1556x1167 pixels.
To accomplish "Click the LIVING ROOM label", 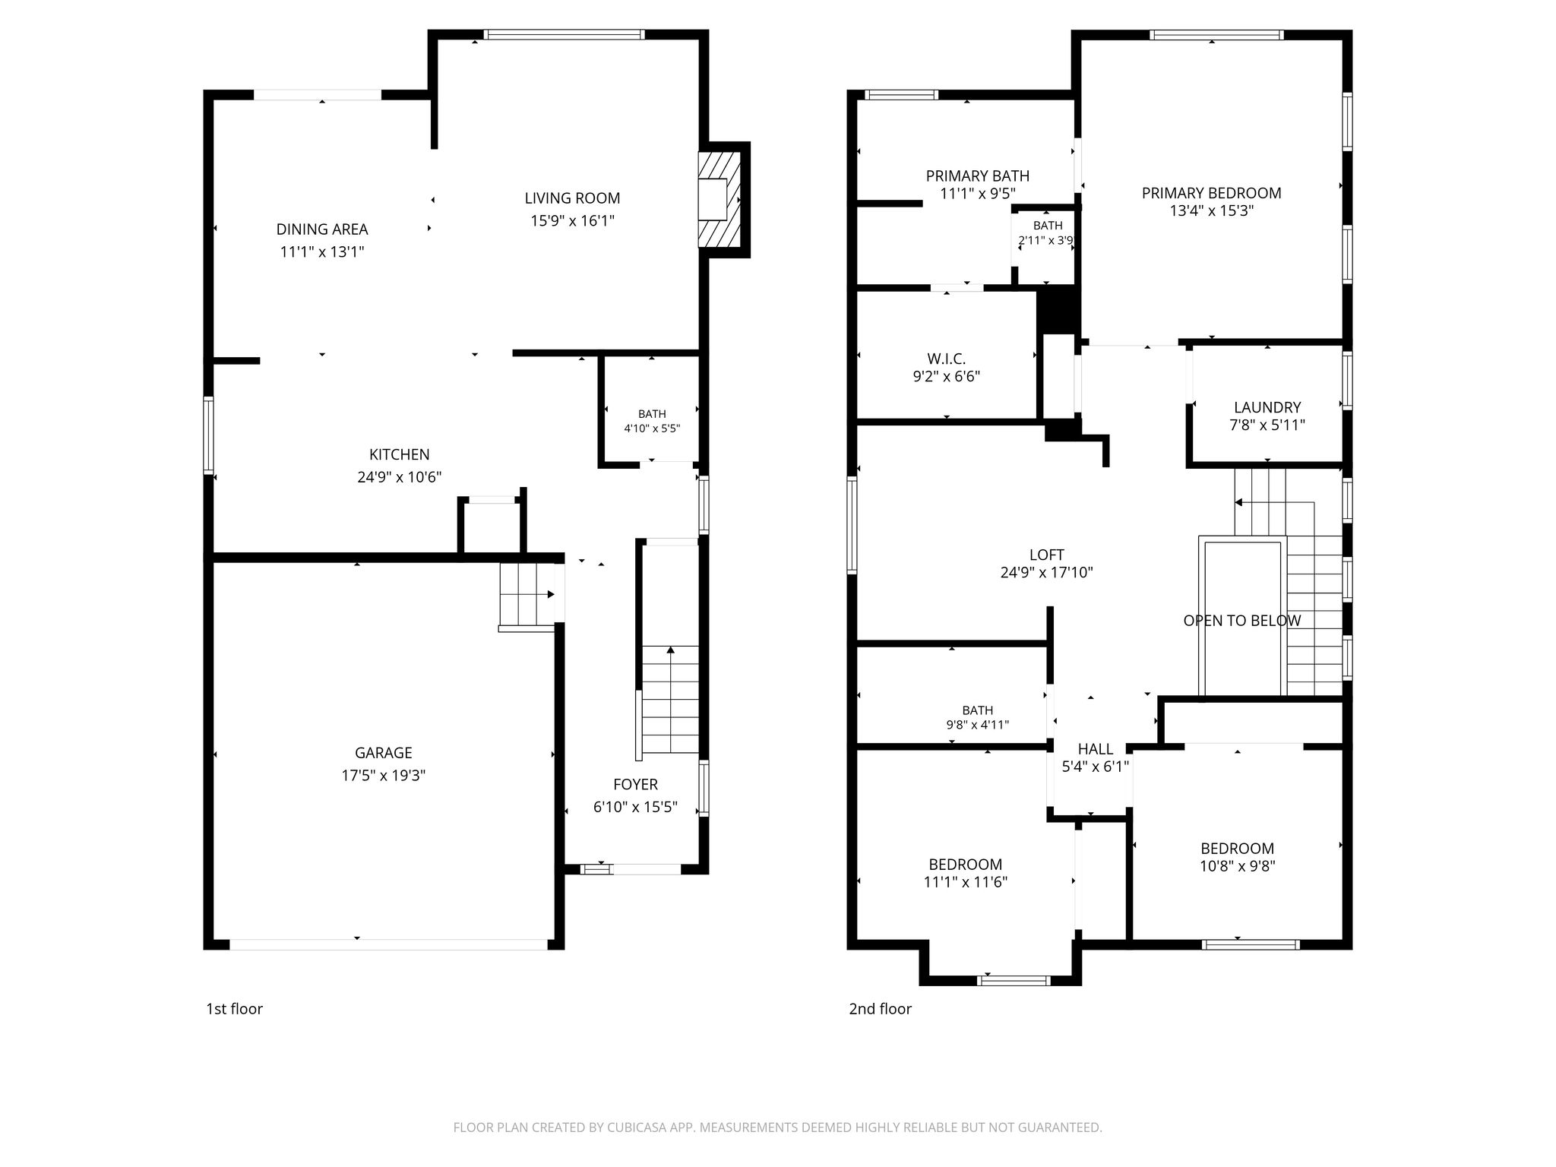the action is click(572, 198).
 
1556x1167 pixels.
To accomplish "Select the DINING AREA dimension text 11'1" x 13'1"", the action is click(322, 251).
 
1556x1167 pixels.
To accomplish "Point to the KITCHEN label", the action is click(399, 454).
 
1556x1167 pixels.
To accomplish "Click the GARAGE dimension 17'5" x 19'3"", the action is click(383, 776).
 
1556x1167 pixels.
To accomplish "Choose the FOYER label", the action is click(635, 784).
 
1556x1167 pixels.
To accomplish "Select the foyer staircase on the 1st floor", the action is click(670, 700).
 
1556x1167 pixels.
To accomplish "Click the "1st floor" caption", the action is click(234, 1009).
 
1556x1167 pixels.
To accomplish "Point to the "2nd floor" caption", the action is click(880, 1009).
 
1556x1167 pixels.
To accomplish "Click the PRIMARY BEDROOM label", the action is click(1211, 193).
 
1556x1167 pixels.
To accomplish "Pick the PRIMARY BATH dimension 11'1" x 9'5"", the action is click(978, 194).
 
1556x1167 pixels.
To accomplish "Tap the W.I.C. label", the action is click(946, 359).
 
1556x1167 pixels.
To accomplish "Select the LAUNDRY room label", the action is click(1267, 407).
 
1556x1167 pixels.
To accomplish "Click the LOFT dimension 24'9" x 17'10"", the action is click(1046, 573).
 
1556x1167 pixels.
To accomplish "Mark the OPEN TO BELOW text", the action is click(1241, 621).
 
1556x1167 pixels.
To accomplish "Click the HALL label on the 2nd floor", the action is click(1095, 749).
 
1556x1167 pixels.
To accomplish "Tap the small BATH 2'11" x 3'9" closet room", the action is click(1046, 244).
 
